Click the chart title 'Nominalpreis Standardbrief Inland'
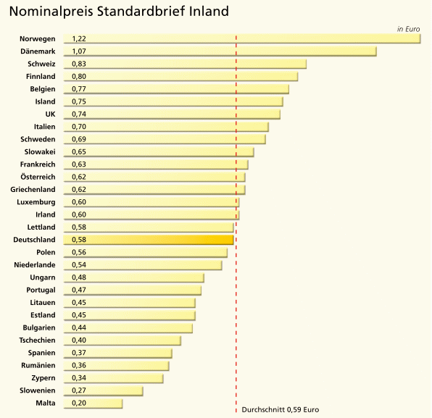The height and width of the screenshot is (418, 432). (119, 12)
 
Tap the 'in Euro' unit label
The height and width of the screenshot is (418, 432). (408, 29)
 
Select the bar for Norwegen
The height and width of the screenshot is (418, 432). (242, 38)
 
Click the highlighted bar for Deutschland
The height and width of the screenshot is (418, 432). (149, 240)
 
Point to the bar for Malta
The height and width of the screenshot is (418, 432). (93, 403)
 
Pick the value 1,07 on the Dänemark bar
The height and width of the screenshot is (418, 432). (79, 51)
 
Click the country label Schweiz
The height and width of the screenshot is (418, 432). (41, 64)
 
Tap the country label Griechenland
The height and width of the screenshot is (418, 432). (33, 190)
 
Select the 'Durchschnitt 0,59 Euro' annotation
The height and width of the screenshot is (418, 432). (281, 410)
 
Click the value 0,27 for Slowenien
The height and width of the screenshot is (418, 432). (79, 390)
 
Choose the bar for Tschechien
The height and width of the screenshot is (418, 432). (122, 340)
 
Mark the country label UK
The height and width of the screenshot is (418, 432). (50, 114)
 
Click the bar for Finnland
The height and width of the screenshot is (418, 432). (180, 76)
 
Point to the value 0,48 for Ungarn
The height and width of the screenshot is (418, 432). (79, 277)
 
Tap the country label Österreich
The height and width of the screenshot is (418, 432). (38, 177)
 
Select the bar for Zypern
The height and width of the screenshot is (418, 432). (114, 378)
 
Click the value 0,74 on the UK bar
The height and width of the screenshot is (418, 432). (79, 114)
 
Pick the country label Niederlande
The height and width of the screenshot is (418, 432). (35, 265)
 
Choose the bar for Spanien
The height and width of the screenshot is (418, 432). (118, 353)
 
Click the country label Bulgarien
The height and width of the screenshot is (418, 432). (39, 327)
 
